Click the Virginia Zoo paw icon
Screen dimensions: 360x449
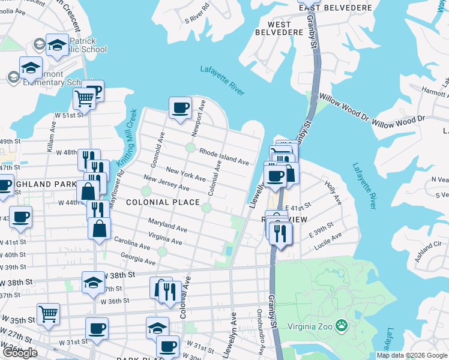342,325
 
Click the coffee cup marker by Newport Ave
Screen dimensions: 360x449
180,108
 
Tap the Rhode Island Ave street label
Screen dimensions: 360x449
224,157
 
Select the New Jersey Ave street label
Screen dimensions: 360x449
166,184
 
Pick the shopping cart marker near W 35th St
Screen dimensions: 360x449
48,313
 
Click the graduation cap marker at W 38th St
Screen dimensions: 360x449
93,283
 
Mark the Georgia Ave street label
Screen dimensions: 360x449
137,259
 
